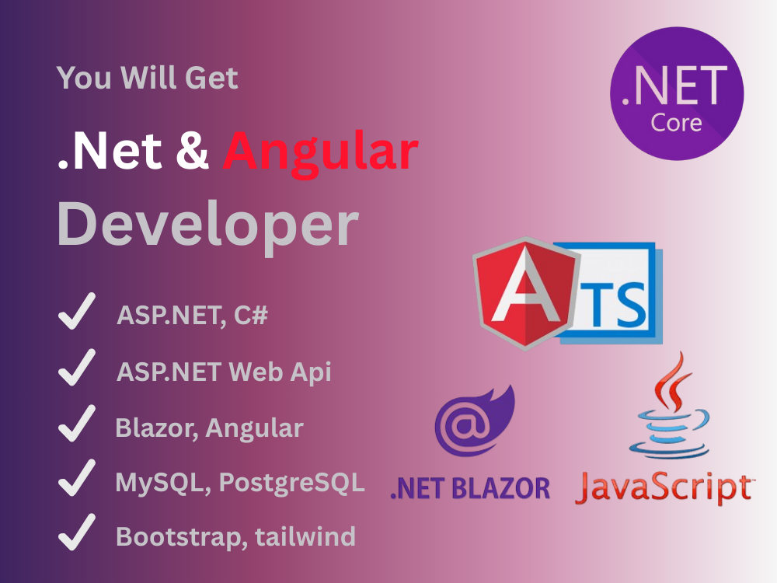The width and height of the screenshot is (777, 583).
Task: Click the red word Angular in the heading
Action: [x=321, y=153]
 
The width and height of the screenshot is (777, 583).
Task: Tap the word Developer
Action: [x=207, y=225]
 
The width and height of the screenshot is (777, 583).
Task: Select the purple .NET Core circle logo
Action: [x=677, y=93]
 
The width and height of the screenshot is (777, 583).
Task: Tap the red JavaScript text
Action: [x=664, y=487]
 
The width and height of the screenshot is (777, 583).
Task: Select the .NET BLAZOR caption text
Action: [x=470, y=487]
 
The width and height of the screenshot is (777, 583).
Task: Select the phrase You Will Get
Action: [x=148, y=79]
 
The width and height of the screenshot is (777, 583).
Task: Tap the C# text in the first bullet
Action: [x=253, y=316]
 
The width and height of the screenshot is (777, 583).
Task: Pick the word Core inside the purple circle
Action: [x=676, y=123]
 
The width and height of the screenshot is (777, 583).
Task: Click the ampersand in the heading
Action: [x=192, y=153]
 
